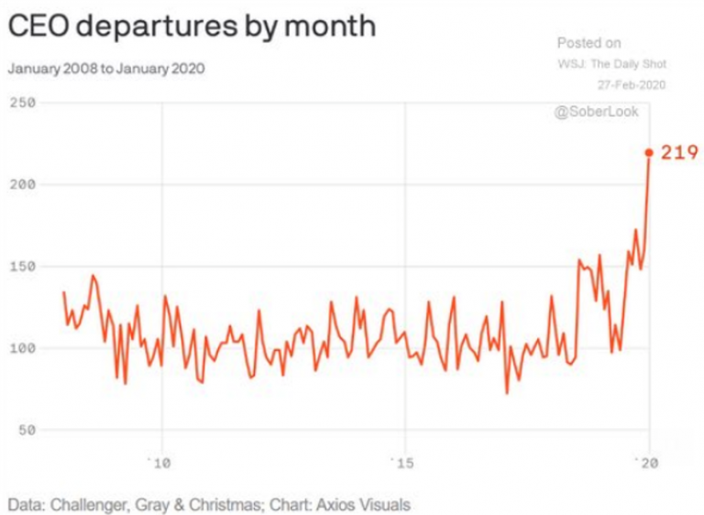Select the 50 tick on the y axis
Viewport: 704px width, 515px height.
coord(26,430)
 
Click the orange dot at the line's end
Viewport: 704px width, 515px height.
coord(649,153)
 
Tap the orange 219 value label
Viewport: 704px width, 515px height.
coord(679,153)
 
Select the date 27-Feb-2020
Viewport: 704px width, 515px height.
coord(632,84)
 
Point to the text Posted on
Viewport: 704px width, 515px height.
coord(588,43)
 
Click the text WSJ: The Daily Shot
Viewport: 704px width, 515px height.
coord(611,64)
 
